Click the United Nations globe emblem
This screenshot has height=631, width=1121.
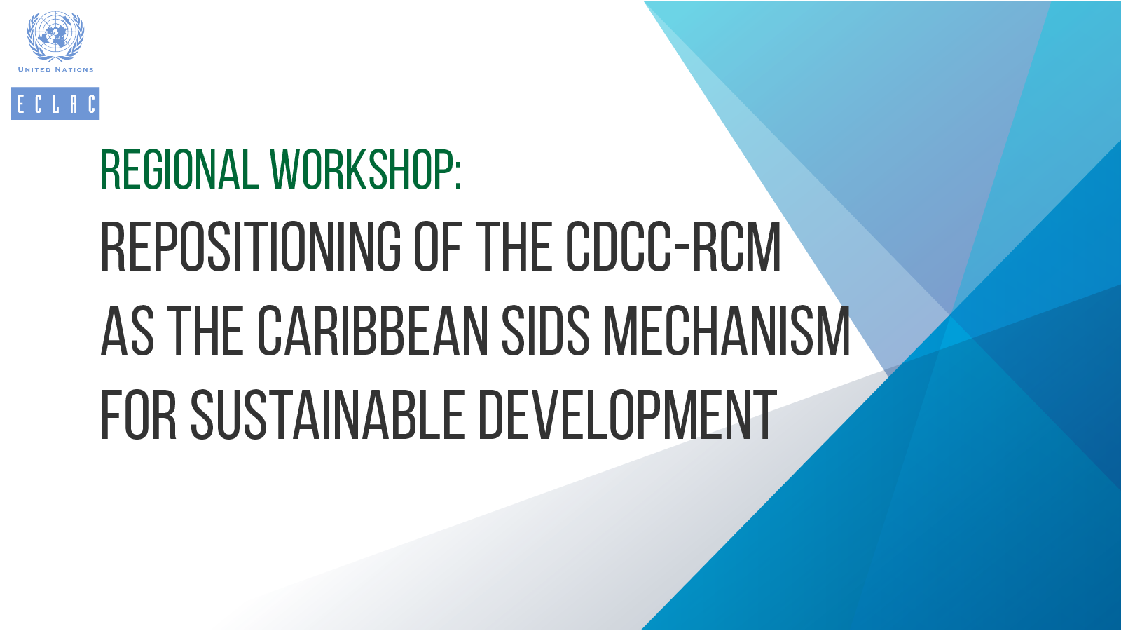click(55, 36)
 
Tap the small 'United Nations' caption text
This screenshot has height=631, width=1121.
click(55, 69)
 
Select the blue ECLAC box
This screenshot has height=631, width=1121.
click(55, 104)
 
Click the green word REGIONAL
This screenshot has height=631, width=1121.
click(179, 170)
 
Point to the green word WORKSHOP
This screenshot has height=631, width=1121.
click(360, 170)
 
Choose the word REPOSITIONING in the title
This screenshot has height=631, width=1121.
click(251, 247)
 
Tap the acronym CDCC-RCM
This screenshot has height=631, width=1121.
click(673, 247)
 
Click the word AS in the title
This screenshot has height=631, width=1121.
click(127, 330)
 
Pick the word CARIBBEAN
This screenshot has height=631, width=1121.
click(373, 330)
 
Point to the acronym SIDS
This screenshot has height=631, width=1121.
click(546, 330)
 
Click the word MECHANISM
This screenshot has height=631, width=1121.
click(727, 330)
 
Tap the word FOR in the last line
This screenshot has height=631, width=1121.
click(139, 415)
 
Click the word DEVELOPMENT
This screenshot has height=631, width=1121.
click(628, 415)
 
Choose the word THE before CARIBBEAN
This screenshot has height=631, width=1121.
click(205, 330)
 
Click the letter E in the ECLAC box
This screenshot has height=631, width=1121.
click(20, 104)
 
